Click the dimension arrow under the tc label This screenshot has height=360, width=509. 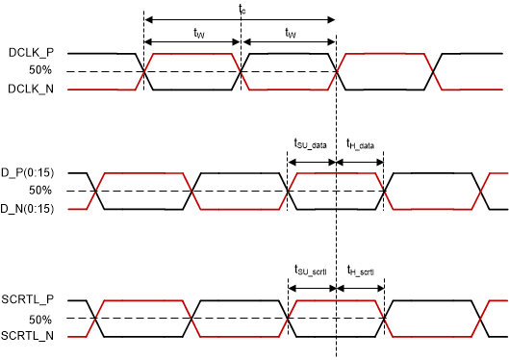click(x=240, y=18)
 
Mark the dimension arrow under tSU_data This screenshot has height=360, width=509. click(x=312, y=160)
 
